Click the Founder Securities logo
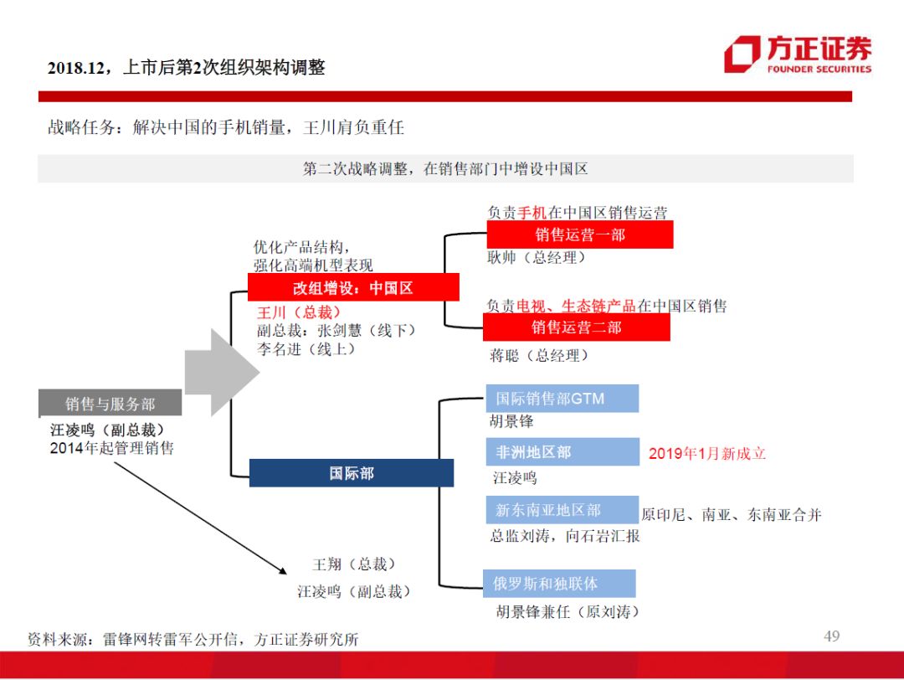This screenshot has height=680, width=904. click(x=797, y=54)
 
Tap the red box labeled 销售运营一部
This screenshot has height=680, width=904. click(x=580, y=235)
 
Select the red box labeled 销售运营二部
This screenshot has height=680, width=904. click(x=577, y=327)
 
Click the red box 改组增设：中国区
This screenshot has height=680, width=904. click(x=353, y=288)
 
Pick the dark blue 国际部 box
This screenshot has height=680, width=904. click(x=352, y=473)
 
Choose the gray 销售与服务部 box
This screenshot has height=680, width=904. click(x=110, y=404)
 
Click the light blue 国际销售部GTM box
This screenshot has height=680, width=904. click(x=562, y=399)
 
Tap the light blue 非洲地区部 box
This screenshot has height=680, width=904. click(x=562, y=452)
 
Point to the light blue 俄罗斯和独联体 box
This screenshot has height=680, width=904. click(x=559, y=583)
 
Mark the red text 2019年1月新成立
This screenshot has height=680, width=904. click(x=707, y=454)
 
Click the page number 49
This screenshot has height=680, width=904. click(x=831, y=636)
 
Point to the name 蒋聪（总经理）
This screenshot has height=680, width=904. click(x=540, y=356)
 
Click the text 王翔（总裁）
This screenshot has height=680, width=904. click(x=354, y=565)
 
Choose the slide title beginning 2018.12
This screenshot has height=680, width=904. click(x=186, y=68)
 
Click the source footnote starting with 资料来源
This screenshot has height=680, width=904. click(x=193, y=639)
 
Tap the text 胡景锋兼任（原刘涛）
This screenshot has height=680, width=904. click(x=568, y=612)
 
